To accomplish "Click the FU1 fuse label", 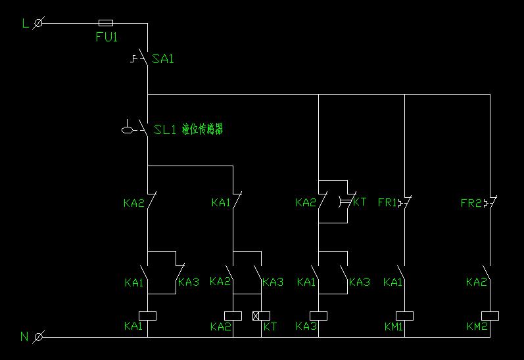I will pyautogui.click(x=107, y=37).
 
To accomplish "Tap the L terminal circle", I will pyautogui.click(x=38, y=23).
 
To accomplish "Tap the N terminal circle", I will pyautogui.click(x=38, y=337).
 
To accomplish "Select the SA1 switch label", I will pyautogui.click(x=163, y=59).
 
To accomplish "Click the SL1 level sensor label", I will pyautogui.click(x=165, y=129).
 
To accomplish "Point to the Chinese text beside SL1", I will pyautogui.click(x=202, y=129).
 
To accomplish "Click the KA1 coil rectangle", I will pyautogui.click(x=147, y=315).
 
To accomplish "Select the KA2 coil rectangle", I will pyautogui.click(x=233, y=315).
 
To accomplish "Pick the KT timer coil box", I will pyautogui.click(x=261, y=315).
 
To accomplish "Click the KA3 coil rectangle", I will pyautogui.click(x=318, y=315).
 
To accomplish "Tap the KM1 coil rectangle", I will pyautogui.click(x=404, y=315).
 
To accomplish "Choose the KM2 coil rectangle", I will pyautogui.click(x=490, y=315).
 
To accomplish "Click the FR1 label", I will pyautogui.click(x=387, y=203).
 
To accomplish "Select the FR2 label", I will pyautogui.click(x=471, y=203).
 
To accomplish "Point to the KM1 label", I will pyautogui.click(x=394, y=326).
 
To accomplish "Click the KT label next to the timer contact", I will pyautogui.click(x=360, y=202).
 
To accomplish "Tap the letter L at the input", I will pyautogui.click(x=26, y=24).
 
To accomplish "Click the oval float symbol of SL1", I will pyautogui.click(x=128, y=129).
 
